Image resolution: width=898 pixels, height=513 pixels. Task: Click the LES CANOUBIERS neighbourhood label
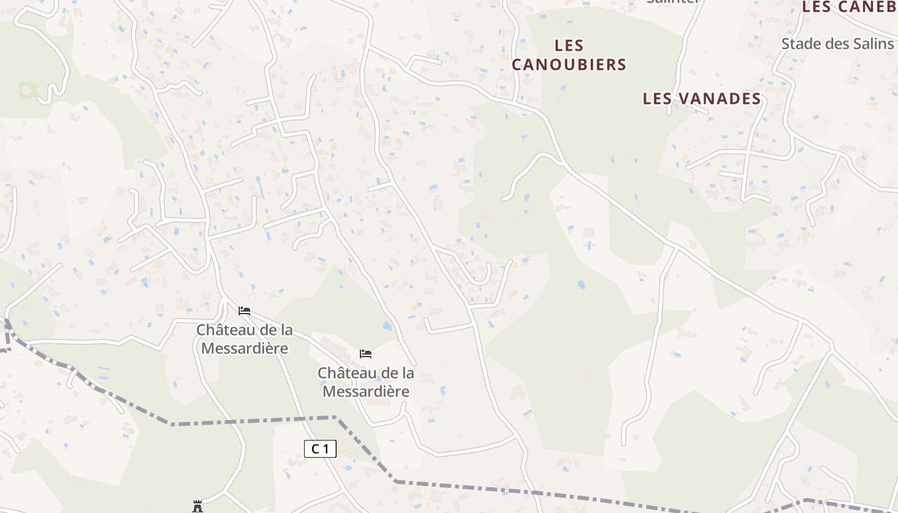coord(568,55)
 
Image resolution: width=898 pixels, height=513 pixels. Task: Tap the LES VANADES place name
coord(702,99)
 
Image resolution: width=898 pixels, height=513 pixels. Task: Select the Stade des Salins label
coord(837,44)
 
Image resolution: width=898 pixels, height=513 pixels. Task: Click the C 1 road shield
coord(320,449)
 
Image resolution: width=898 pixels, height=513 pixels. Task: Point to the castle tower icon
coord(198,507)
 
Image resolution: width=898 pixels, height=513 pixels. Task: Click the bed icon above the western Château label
coord(244,311)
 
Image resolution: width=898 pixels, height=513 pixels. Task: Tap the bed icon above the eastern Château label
coord(366,354)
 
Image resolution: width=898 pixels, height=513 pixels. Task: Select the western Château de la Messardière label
coord(244,339)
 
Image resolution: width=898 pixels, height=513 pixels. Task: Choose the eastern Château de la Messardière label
coord(366,382)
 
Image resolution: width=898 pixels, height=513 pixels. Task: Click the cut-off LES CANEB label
coord(849,7)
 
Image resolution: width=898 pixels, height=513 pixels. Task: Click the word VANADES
coord(720,99)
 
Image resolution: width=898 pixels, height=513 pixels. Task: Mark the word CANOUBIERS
coord(568,64)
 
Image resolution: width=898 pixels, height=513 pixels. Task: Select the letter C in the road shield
coord(315,449)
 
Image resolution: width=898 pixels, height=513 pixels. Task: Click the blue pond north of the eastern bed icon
coord(387,326)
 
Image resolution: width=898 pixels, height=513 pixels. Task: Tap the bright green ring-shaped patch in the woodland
coord(26,90)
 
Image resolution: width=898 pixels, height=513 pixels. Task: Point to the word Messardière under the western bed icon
coord(244,348)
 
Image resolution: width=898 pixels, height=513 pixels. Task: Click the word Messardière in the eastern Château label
coord(366,391)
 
